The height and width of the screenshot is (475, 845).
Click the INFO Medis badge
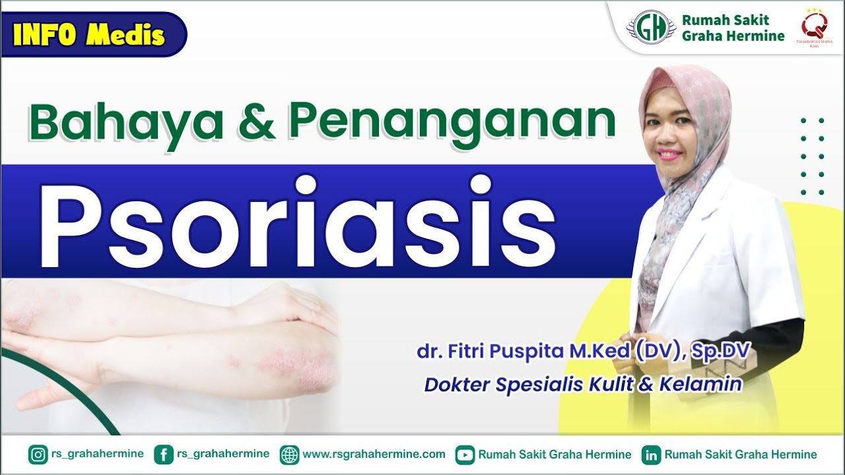89,34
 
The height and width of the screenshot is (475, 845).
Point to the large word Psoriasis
297,223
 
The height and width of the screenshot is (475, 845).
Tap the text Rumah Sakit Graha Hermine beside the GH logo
733,28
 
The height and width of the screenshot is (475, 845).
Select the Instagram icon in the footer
38,455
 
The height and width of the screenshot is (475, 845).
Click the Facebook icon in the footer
163,455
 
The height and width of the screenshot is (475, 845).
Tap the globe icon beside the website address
289,455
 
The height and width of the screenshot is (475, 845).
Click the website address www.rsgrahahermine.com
374,455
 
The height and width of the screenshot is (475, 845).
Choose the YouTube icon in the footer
465,455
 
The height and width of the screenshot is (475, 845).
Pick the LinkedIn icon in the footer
652,455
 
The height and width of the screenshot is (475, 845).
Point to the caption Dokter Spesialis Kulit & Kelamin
583,384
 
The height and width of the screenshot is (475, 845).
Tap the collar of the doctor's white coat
710,198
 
